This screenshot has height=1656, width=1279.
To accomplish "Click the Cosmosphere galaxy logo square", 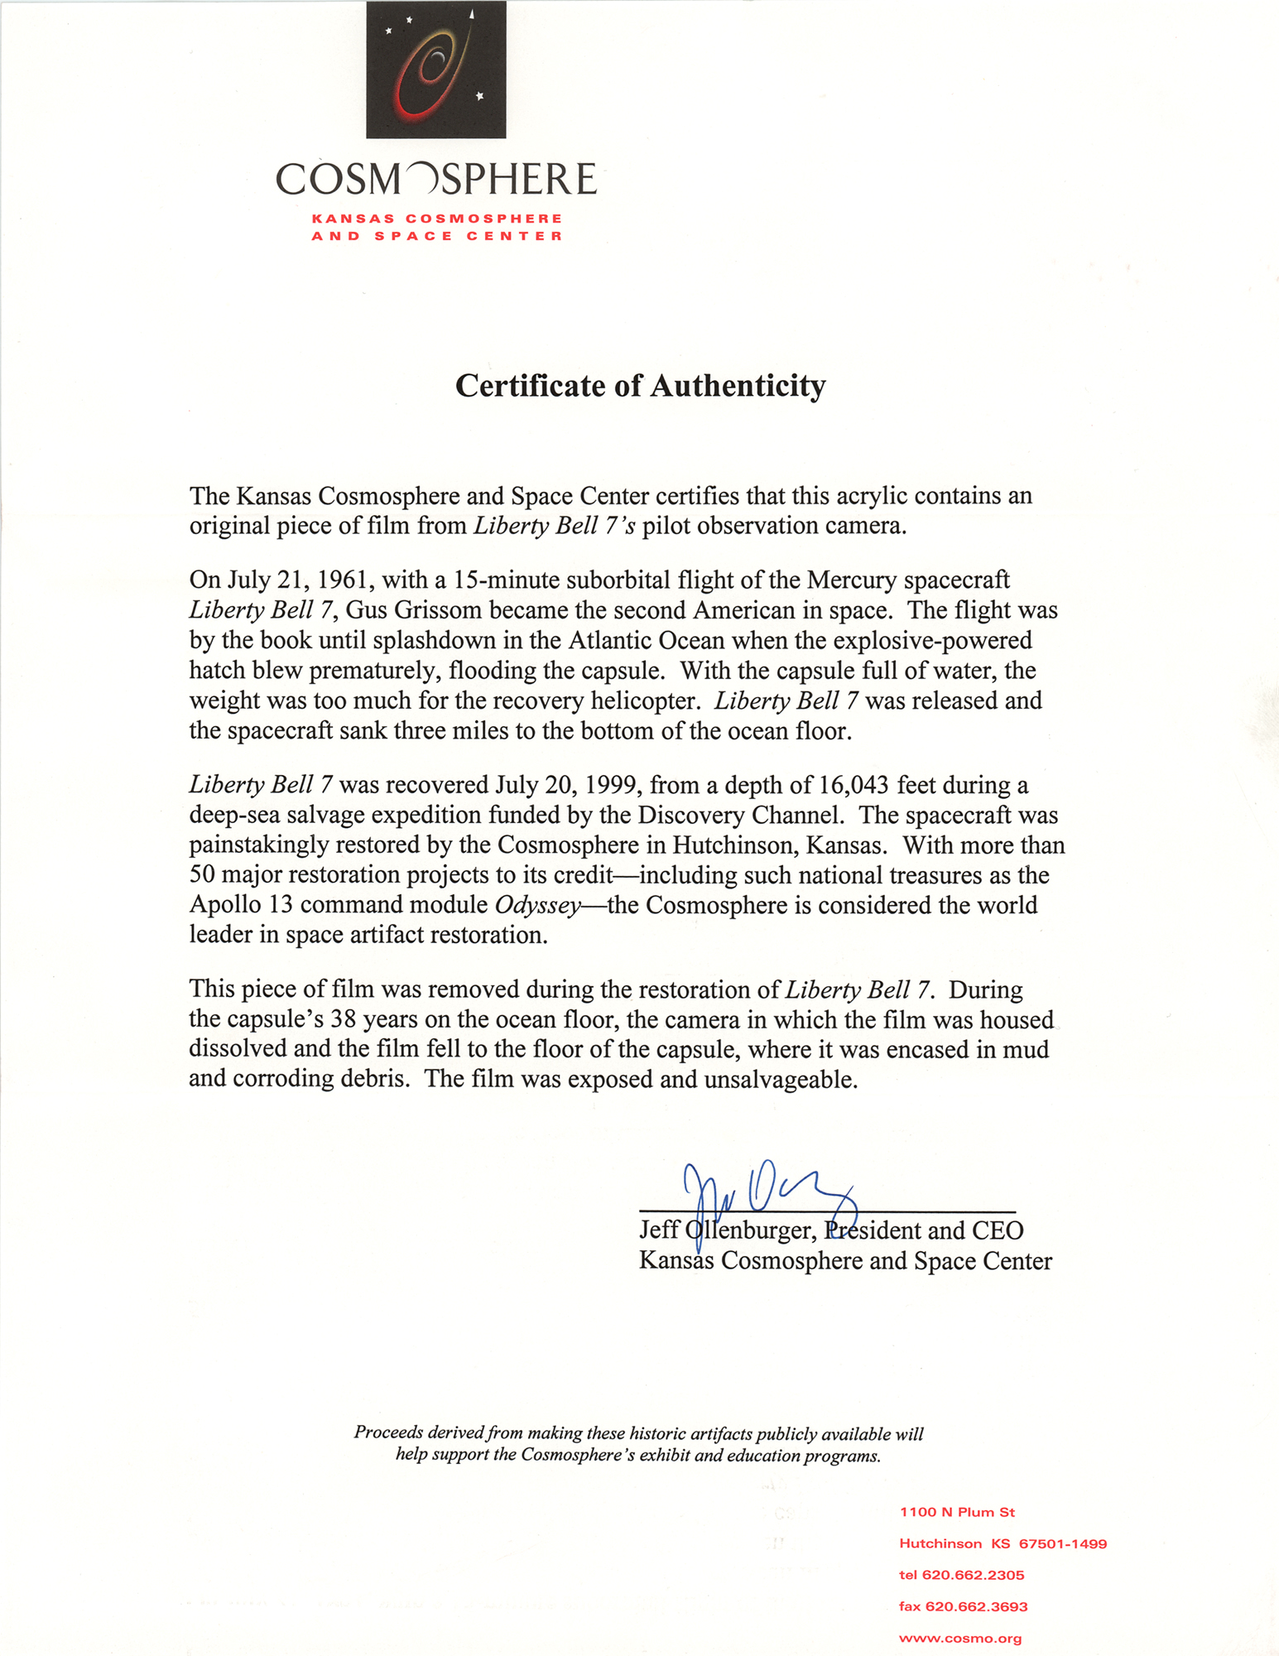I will pyautogui.click(x=435, y=70).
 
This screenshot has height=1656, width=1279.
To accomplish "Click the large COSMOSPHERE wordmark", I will pyautogui.click(x=435, y=179).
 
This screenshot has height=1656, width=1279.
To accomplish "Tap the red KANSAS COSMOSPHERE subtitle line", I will pyautogui.click(x=437, y=219).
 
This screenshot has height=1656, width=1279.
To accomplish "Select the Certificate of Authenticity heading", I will pyautogui.click(x=640, y=386).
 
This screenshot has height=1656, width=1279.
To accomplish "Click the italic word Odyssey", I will pyautogui.click(x=537, y=905).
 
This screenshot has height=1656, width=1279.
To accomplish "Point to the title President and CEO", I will pyautogui.click(x=924, y=1230).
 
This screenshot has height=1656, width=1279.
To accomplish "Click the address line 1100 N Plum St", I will pyautogui.click(x=957, y=1512).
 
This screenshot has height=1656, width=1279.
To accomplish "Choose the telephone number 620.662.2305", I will pyautogui.click(x=973, y=1575).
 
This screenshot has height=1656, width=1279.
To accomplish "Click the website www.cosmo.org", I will pyautogui.click(x=960, y=1638).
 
